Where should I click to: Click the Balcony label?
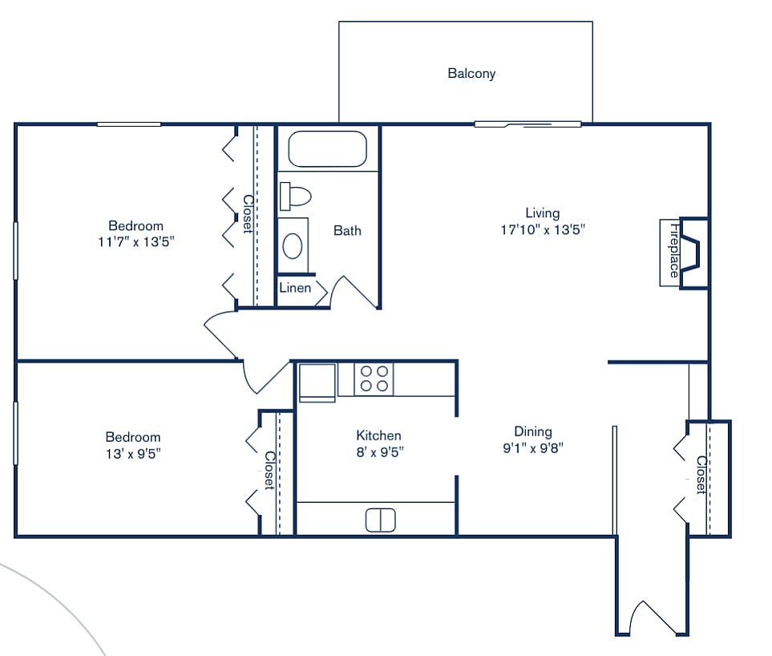(x=471, y=74)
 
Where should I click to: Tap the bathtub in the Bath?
(x=327, y=148)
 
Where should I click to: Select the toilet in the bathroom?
(x=296, y=196)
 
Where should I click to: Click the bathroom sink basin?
(x=293, y=245)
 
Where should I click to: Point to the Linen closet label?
(x=295, y=288)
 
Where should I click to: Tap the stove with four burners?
(x=374, y=379)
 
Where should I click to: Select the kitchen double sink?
(x=381, y=520)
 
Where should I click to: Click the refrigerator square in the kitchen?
(x=317, y=382)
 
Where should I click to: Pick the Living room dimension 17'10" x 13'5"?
(x=542, y=229)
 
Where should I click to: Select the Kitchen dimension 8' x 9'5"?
(x=379, y=452)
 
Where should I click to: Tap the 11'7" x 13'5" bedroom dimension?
(x=135, y=241)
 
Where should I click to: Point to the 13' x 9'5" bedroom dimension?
(x=133, y=453)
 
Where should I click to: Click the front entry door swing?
(x=653, y=618)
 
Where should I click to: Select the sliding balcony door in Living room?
(x=527, y=124)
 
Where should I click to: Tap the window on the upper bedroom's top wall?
(x=129, y=124)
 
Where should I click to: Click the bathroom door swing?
(x=353, y=293)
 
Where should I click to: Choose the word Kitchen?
(x=378, y=435)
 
